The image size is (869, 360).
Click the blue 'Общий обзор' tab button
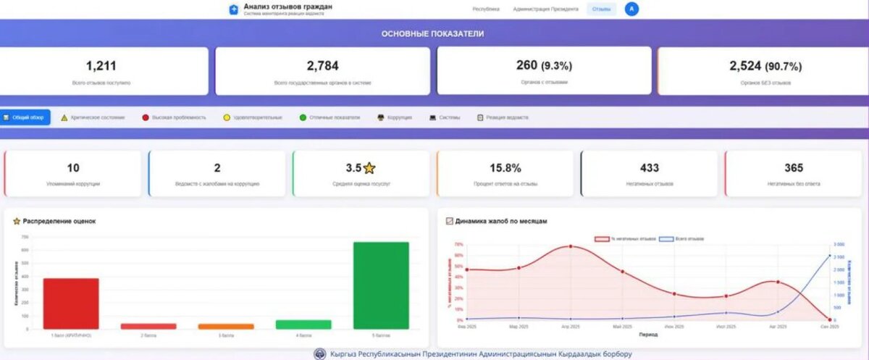coord(25,117)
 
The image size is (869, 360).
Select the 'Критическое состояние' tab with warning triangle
coord(93,117)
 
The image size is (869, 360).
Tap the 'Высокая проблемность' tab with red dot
coord(175,117)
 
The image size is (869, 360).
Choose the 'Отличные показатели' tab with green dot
coord(329,117)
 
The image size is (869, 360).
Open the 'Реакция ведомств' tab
coord(503,117)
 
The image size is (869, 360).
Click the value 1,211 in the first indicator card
coord(101,66)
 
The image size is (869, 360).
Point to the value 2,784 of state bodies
coord(322,66)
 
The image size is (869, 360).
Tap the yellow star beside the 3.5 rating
coord(369,168)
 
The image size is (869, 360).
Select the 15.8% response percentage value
coord(505,168)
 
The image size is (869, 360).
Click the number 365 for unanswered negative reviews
coord(794,168)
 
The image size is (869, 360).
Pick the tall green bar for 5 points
coord(380,285)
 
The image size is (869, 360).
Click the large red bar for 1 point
coord(71,304)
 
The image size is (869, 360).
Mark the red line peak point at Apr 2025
coord(571,246)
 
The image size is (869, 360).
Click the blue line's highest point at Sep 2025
coord(829,256)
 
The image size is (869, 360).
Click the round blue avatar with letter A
coord(632,9)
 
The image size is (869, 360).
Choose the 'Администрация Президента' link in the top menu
coord(545,9)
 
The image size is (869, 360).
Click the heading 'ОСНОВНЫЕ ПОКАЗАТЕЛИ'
coord(432,33)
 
